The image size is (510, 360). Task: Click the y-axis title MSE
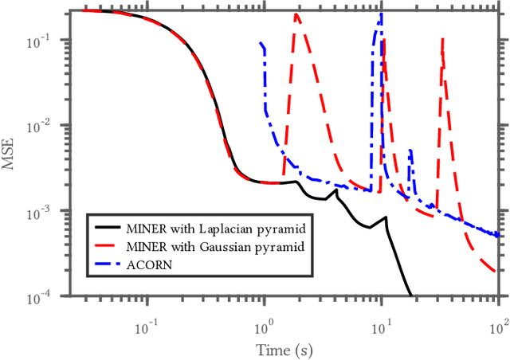tap(11, 154)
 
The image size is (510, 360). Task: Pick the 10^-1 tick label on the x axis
tap(145, 327)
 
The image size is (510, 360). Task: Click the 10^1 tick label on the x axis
tap(382, 327)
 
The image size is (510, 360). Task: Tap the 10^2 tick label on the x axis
tap(498, 327)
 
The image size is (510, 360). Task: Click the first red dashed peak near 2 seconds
tap(297, 14)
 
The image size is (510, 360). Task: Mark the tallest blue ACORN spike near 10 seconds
tap(382, 14)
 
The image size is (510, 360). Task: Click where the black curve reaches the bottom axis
tap(410, 295)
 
